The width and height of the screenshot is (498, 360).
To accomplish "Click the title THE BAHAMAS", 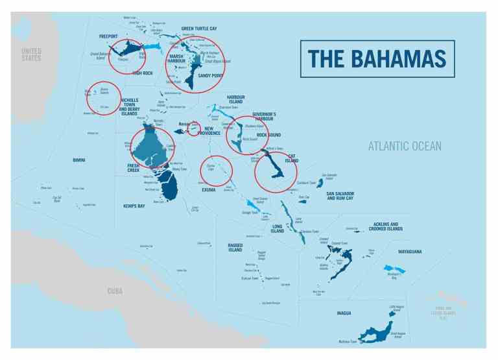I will click(x=377, y=59).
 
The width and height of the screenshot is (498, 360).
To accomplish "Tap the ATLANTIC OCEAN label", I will click(x=405, y=147).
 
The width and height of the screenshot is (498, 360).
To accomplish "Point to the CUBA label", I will click(x=115, y=291).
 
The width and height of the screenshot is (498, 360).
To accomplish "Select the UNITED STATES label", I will click(x=31, y=54).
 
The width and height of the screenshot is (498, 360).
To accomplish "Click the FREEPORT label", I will click(x=109, y=36).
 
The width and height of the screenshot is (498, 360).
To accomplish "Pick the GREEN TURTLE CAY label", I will click(x=199, y=29).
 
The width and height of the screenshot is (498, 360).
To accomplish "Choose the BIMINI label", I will click(x=79, y=160).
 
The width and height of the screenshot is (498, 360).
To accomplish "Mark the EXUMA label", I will click(x=208, y=190).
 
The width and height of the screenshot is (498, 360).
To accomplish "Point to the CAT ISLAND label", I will click(x=291, y=158).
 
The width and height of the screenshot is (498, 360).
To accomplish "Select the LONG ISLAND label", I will click(x=278, y=228).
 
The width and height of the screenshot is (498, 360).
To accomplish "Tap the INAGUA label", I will click(x=344, y=313).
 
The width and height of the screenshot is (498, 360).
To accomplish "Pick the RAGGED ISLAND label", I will click(x=235, y=247).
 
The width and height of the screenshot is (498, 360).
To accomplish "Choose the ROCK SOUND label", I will click(x=269, y=135).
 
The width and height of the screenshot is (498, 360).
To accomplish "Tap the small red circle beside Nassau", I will click(x=194, y=129).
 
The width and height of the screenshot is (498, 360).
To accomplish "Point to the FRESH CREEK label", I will click(x=137, y=168).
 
